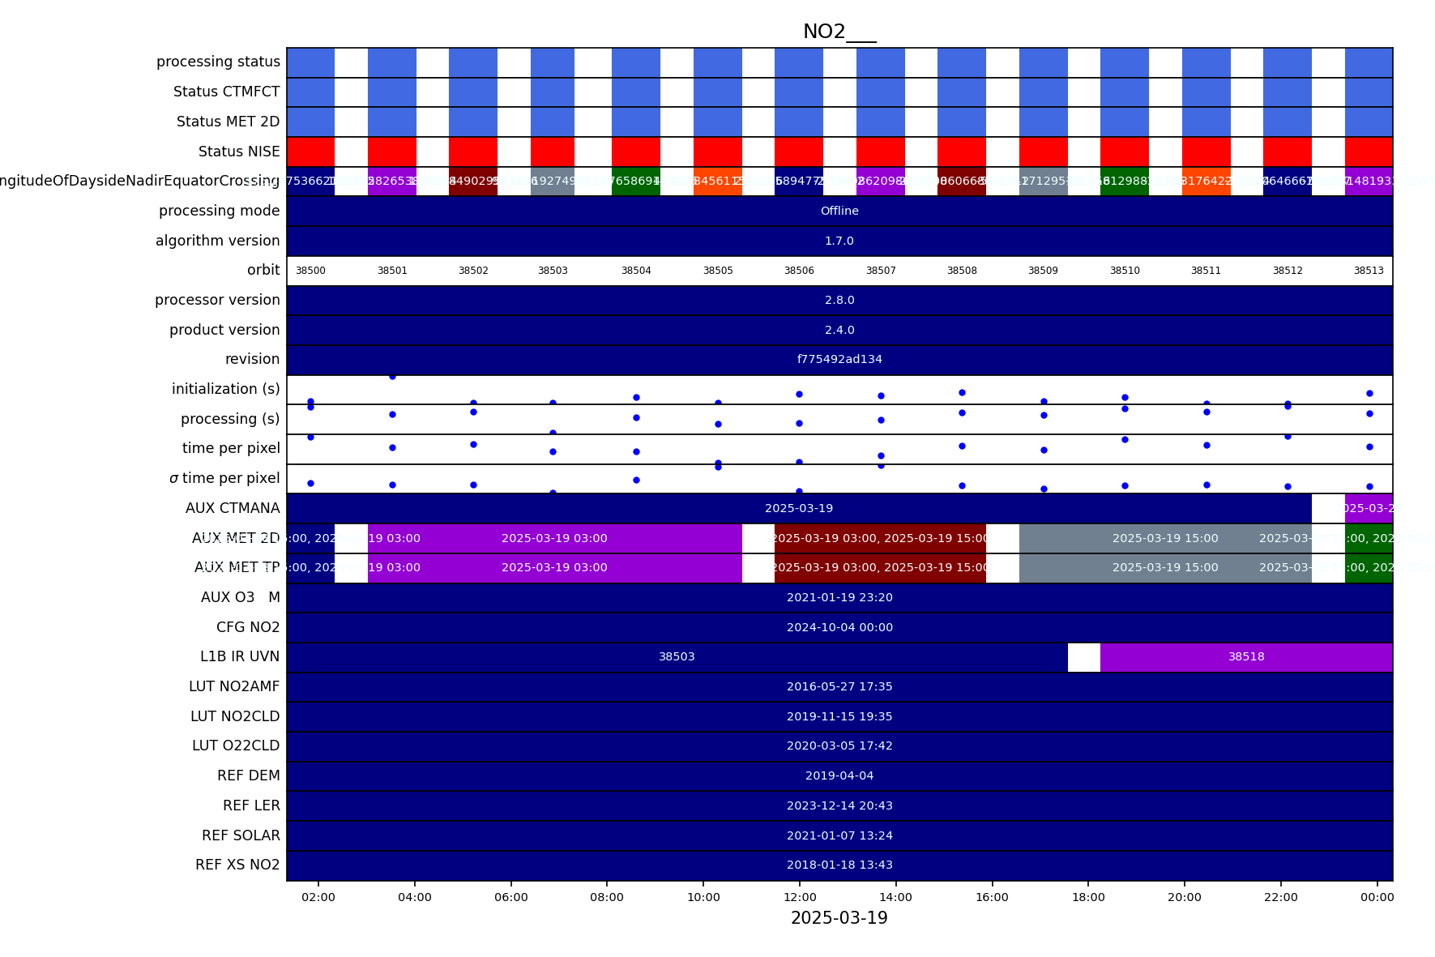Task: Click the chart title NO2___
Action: pyautogui.click(x=839, y=32)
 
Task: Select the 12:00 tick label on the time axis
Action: pyautogui.click(x=800, y=897)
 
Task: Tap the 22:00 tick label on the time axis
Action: pyautogui.click(x=1280, y=897)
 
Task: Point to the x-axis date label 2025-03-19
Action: pyautogui.click(x=839, y=918)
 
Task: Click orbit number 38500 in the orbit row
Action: pyautogui.click(x=310, y=271)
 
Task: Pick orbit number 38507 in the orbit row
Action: pyautogui.click(x=881, y=271)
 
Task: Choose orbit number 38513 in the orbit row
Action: pyautogui.click(x=1369, y=271)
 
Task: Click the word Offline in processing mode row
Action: pyautogui.click(x=839, y=211)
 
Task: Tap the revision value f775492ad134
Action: pyautogui.click(x=839, y=359)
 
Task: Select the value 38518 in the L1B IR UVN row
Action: pyautogui.click(x=1246, y=657)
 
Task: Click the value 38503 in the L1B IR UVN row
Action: pyautogui.click(x=677, y=657)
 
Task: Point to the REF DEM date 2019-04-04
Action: pyautogui.click(x=839, y=775)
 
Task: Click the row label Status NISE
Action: pyautogui.click(x=239, y=152)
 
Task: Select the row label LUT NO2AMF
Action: pyautogui.click(x=234, y=686)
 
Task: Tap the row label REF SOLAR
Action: pyautogui.click(x=241, y=835)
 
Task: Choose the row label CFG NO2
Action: pyautogui.click(x=248, y=627)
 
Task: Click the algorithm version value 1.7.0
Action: pyautogui.click(x=839, y=241)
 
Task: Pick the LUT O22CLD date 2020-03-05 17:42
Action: pyautogui.click(x=839, y=746)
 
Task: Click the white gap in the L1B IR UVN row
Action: pyautogui.click(x=1083, y=657)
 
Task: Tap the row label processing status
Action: pyautogui.click(x=218, y=62)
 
